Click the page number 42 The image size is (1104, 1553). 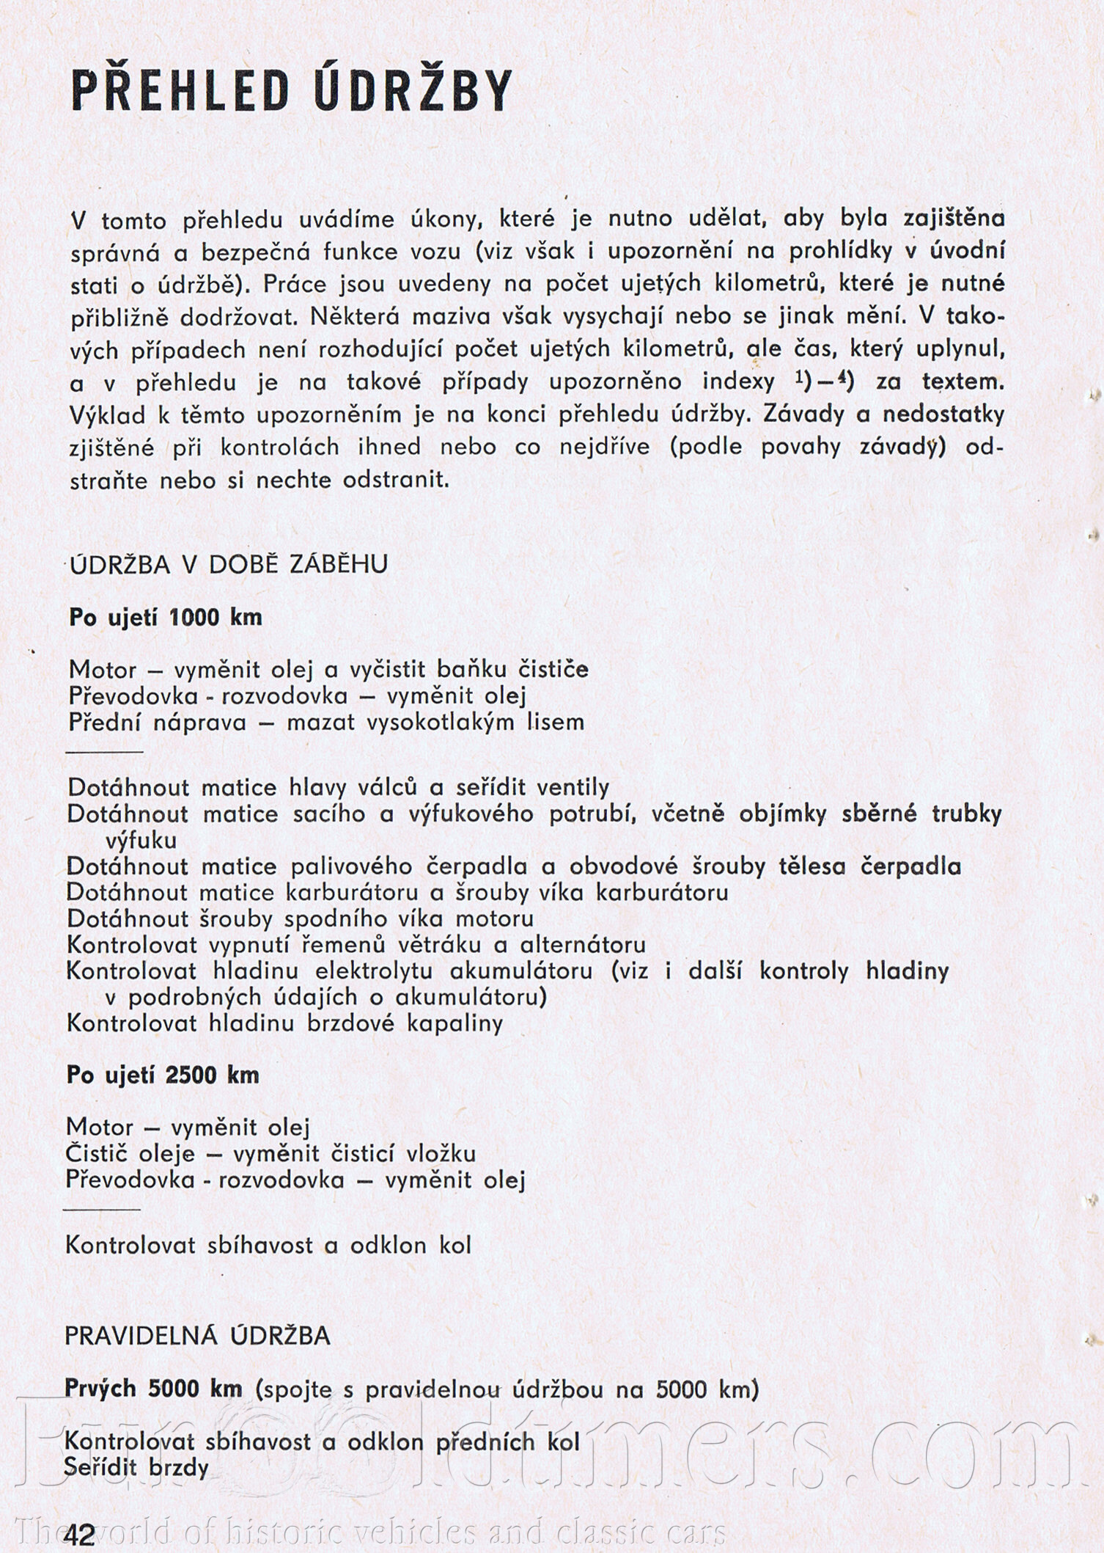(79, 1532)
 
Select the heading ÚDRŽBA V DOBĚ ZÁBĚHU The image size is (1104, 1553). (228, 564)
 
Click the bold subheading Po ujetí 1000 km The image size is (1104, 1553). (166, 617)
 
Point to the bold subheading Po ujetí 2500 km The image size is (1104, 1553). (163, 1075)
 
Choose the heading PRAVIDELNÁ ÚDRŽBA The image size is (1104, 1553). (198, 1336)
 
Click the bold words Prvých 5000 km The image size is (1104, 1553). (153, 1389)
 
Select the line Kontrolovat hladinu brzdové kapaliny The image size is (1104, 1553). (285, 1023)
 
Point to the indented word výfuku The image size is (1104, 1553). (141, 840)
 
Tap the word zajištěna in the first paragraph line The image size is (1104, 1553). (954, 219)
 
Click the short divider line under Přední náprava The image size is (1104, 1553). (106, 753)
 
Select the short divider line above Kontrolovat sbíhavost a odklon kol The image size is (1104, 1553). (103, 1208)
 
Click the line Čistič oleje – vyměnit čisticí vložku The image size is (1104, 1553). (271, 1153)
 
